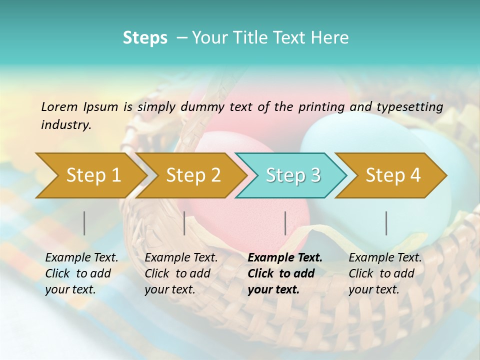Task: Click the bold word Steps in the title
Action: [145, 37]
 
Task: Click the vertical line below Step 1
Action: [84, 223]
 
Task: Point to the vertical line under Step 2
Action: [184, 223]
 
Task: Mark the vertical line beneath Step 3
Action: [285, 223]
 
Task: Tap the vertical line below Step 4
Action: [386, 223]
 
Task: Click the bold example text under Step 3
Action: [284, 273]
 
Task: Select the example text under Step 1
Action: [81, 273]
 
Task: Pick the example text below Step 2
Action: [181, 273]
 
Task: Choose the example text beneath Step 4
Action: [385, 273]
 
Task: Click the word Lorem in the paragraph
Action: [59, 106]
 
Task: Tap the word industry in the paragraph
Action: [65, 125]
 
